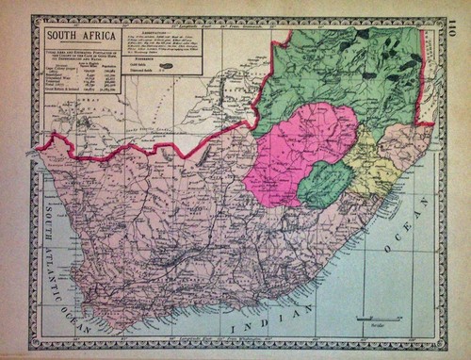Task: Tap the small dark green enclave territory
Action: [x=325, y=183]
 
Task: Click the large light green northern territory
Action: [x=339, y=75]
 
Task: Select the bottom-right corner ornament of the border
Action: [x=441, y=343]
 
